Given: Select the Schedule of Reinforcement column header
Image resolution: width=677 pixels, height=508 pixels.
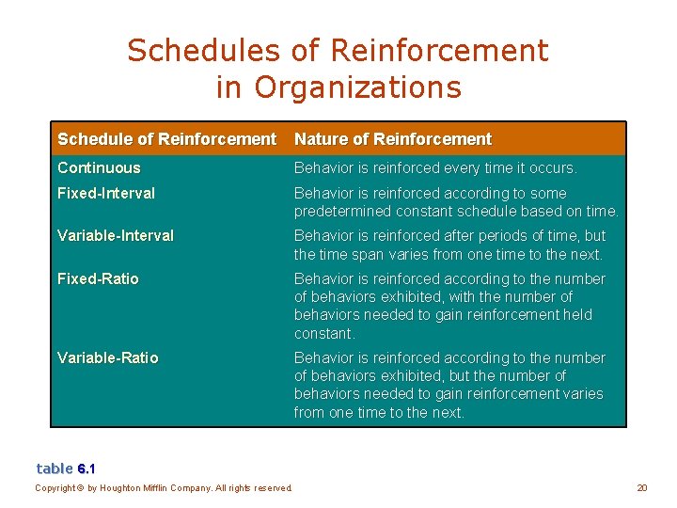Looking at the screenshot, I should click(166, 139).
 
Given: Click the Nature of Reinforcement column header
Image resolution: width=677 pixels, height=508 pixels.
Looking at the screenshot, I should click(393, 139).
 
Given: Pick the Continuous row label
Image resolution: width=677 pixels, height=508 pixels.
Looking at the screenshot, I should click(99, 168).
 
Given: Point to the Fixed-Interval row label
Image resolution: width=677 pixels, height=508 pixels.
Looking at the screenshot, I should click(106, 193).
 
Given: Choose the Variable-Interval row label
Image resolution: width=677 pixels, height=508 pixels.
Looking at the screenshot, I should click(116, 235).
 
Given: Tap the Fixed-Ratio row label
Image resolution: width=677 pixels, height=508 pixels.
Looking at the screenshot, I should click(98, 278).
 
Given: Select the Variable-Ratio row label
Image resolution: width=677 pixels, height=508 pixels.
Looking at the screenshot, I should click(108, 357).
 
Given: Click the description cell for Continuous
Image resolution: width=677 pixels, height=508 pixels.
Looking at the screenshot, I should click(435, 168).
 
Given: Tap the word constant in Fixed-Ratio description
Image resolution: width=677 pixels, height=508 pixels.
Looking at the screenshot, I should click(323, 333).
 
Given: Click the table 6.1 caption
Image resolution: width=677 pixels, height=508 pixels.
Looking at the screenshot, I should click(66, 468).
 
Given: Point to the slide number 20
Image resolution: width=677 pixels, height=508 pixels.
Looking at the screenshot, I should click(642, 487).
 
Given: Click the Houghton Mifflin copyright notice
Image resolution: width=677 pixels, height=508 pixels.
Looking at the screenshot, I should click(164, 487).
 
